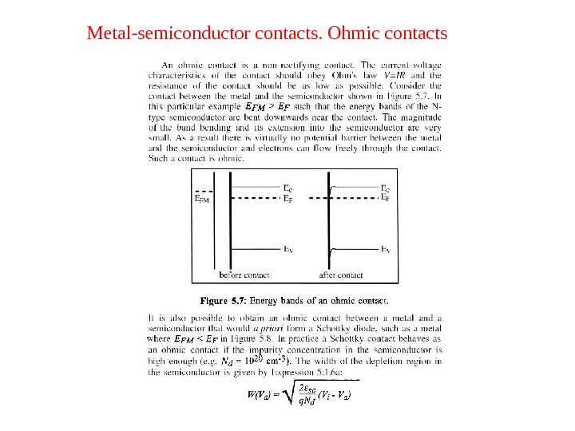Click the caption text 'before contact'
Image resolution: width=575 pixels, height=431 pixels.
[244, 275]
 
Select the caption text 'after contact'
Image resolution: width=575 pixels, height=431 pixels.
[341, 275]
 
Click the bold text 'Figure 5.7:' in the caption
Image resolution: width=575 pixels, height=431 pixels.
[224, 302]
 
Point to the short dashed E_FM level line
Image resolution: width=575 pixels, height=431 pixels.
[205, 192]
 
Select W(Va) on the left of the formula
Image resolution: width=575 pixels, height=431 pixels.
[260, 395]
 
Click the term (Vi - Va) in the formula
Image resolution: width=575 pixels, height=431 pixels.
[335, 394]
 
